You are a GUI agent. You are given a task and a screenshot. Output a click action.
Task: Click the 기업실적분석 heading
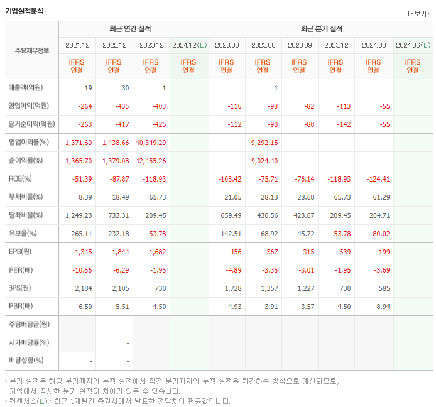(x=25, y=11)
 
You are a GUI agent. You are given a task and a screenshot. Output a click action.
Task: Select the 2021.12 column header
(x=77, y=45)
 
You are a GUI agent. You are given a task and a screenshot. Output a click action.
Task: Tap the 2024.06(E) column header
(x=413, y=45)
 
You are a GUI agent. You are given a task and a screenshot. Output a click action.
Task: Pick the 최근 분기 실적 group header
(x=321, y=29)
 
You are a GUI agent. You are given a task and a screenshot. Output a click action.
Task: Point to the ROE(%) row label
(x=21, y=178)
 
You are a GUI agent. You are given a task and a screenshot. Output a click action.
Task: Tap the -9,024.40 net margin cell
(x=263, y=160)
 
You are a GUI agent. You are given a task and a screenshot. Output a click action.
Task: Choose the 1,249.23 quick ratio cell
(x=79, y=215)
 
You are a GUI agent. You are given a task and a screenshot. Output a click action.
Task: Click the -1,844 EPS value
(x=116, y=251)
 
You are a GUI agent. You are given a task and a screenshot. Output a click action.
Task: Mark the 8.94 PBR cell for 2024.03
(x=381, y=307)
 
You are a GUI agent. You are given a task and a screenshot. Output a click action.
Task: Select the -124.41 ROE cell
(x=377, y=178)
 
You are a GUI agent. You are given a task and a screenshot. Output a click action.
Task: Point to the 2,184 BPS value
(x=83, y=288)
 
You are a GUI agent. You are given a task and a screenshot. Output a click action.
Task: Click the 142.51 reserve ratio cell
(x=230, y=233)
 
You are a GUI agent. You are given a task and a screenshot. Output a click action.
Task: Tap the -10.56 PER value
(x=82, y=269)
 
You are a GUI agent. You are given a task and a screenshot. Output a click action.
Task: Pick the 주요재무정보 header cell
(x=32, y=50)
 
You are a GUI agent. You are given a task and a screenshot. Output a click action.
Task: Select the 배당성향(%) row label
(x=26, y=361)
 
